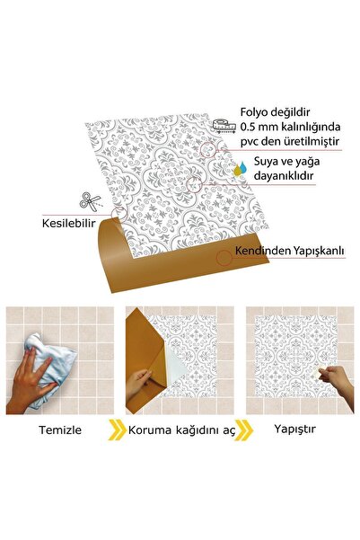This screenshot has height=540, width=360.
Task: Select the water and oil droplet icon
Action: pos(238,167)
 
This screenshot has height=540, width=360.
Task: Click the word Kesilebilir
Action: pos(72,222)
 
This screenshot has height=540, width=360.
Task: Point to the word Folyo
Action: pos(258,111)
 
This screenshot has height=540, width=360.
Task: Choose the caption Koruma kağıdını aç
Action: pos(180,429)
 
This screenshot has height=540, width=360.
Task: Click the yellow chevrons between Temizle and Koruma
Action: pos(118,429)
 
